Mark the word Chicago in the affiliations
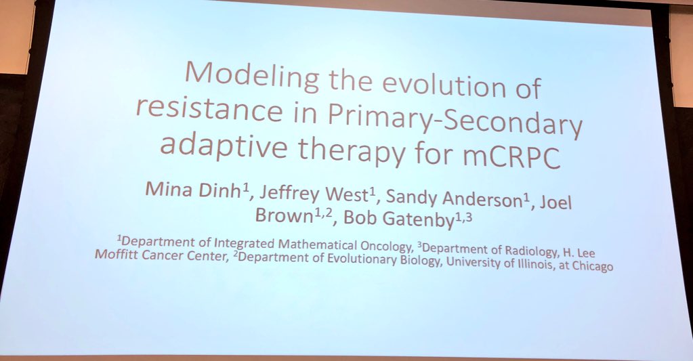click(x=591, y=267)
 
